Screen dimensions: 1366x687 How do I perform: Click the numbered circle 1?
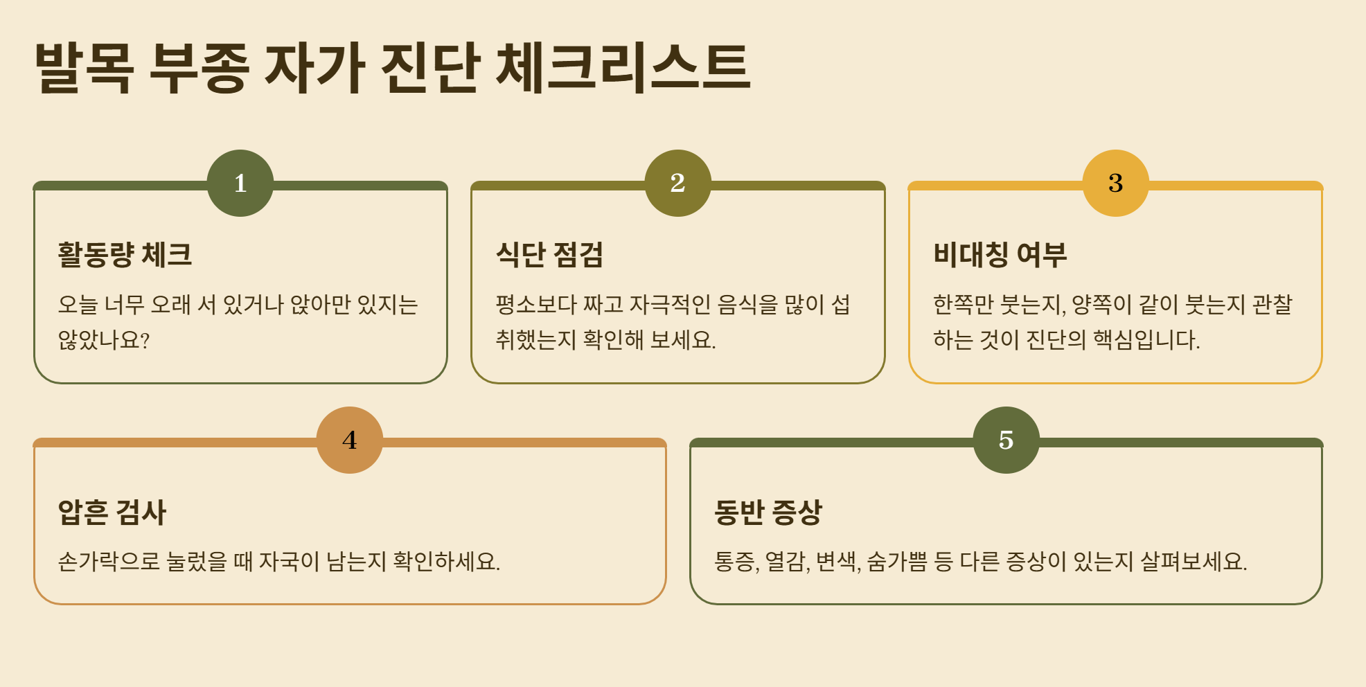pyautogui.click(x=240, y=183)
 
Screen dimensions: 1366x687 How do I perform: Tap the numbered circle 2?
pyautogui.click(x=677, y=183)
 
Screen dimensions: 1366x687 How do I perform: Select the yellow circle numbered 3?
pyautogui.click(x=1115, y=183)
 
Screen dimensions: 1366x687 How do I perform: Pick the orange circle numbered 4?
pyautogui.click(x=350, y=440)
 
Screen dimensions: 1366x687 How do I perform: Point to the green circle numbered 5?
pyautogui.click(x=1006, y=440)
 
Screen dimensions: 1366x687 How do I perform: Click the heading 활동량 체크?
pyautogui.click(x=125, y=254)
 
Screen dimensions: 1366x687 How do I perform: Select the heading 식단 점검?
pyautogui.click(x=549, y=254)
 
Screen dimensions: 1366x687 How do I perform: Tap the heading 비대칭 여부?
pyautogui.click(x=1000, y=254)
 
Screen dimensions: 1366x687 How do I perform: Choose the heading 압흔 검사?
pyautogui.click(x=112, y=512)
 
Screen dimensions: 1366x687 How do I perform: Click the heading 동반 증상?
pyautogui.click(x=768, y=512)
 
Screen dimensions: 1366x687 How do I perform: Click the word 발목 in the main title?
pyautogui.click(x=84, y=67)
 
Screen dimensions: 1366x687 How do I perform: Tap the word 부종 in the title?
pyautogui.click(x=199, y=67)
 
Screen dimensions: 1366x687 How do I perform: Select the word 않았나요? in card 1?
pyautogui.click(x=104, y=340)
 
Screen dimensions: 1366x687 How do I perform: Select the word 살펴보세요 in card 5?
pyautogui.click(x=1193, y=561)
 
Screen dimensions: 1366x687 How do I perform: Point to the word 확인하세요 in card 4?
pyautogui.click(x=445, y=561)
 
